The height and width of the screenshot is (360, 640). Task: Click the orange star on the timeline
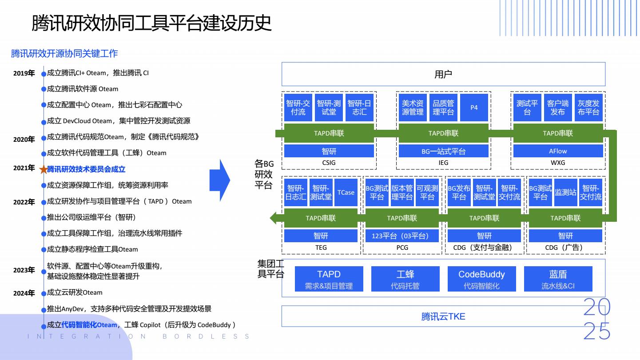43,169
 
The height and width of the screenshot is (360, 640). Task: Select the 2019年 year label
24,73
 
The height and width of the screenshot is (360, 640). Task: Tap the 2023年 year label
24,270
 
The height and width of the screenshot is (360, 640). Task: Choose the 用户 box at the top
443,74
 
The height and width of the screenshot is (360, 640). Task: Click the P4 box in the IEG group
474,108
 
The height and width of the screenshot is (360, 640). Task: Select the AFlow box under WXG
558,151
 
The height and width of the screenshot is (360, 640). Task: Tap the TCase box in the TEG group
346,192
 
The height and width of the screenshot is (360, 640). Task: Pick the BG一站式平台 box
443,151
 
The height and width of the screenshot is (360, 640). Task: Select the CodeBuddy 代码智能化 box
481,279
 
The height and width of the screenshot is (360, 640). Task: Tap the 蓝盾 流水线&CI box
558,279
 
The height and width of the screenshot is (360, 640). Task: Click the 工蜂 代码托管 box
405,279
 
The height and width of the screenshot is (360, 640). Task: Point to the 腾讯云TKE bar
443,316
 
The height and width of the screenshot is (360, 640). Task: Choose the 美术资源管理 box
413,108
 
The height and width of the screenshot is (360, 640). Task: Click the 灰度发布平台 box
588,108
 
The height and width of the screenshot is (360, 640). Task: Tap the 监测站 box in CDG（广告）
565,192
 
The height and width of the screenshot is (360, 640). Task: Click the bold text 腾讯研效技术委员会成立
86,169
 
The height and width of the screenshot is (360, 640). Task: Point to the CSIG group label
329,163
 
